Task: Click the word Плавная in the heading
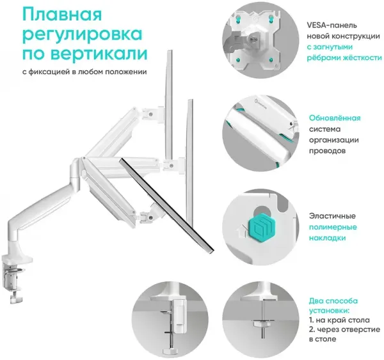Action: point(62,14)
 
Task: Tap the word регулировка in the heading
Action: point(83,35)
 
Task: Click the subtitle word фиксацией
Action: point(49,72)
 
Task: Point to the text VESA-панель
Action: point(332,25)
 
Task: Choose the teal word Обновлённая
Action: point(335,118)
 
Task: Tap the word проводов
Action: point(327,151)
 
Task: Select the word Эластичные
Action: point(332,216)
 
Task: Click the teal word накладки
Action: point(327,238)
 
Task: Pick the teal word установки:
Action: point(329,311)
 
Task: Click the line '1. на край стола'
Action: point(339,320)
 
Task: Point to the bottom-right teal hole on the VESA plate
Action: point(271,60)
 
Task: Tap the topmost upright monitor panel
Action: point(169,106)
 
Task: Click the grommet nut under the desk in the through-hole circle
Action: point(262,324)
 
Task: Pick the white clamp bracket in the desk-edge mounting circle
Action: point(179,315)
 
